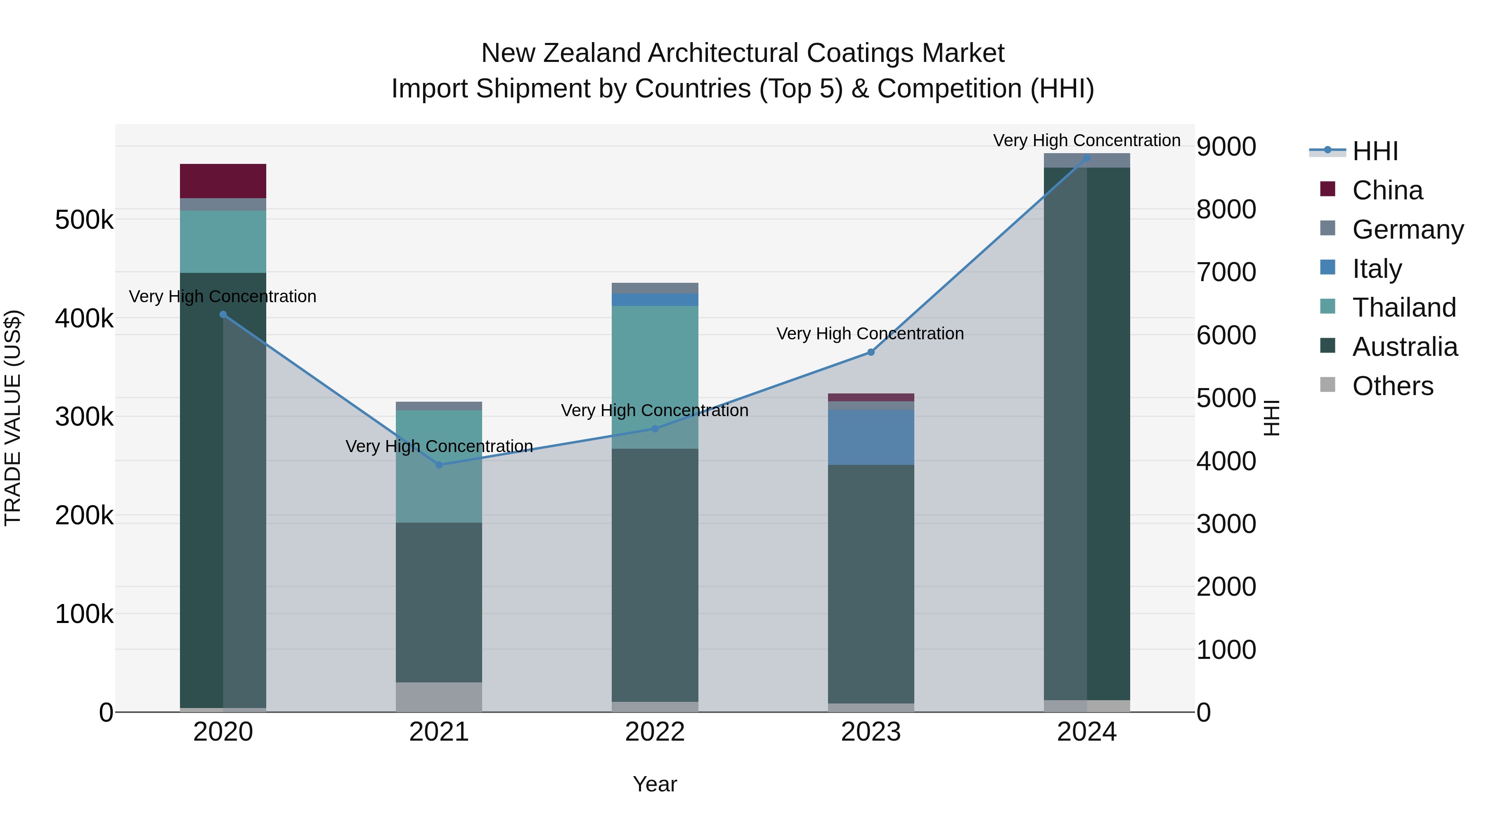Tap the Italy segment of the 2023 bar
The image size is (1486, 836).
click(x=871, y=437)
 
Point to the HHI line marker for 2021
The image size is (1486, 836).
click(x=439, y=465)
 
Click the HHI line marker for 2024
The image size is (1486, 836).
click(x=1087, y=158)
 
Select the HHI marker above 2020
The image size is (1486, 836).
click(x=223, y=315)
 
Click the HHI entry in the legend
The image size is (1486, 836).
click(x=1375, y=151)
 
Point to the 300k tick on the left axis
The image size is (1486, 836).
click(x=84, y=417)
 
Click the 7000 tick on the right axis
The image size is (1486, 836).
click(x=1226, y=272)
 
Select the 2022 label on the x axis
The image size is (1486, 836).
click(x=655, y=732)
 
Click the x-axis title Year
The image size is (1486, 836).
click(x=655, y=784)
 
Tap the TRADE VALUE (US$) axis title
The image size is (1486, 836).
click(x=13, y=418)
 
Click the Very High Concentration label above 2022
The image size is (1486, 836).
click(x=655, y=410)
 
